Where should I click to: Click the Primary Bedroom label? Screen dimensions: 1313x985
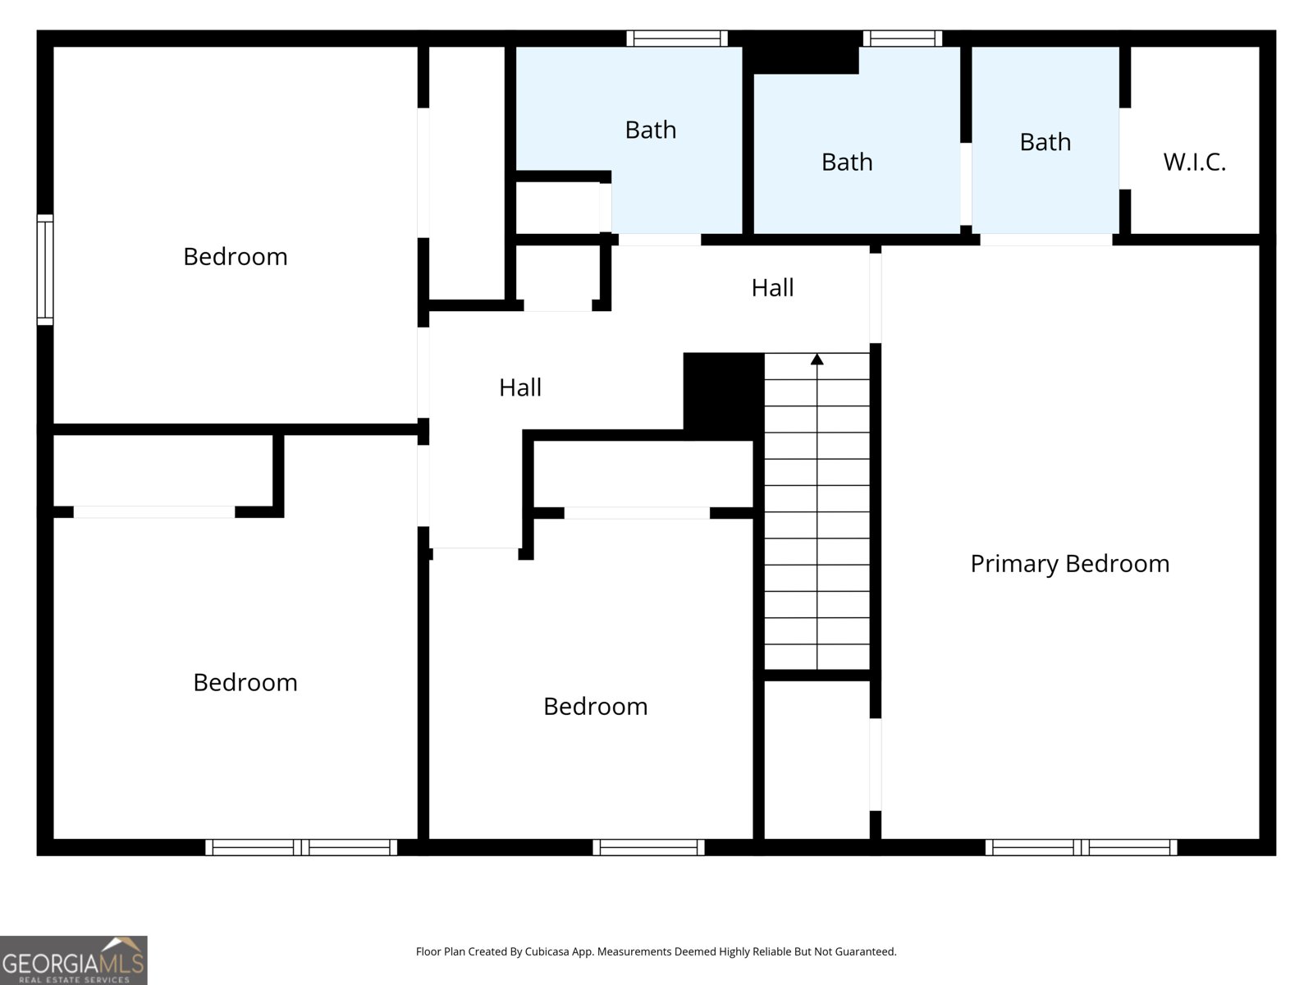click(1069, 564)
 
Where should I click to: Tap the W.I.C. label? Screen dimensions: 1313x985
click(1195, 162)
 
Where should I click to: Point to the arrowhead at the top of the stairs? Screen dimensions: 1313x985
click(817, 359)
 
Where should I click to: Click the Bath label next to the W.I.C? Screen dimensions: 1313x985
click(1045, 142)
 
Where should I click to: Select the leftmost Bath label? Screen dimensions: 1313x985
click(651, 130)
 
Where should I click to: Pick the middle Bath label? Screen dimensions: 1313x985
click(847, 162)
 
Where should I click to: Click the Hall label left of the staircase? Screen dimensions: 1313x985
click(520, 387)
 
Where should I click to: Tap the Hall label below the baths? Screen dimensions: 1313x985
click(773, 287)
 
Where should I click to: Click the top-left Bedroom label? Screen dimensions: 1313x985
click(235, 257)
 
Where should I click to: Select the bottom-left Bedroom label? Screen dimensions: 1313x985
click(245, 682)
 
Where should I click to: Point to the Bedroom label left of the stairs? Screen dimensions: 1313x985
click(595, 706)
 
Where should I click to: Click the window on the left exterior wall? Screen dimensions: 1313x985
click(45, 270)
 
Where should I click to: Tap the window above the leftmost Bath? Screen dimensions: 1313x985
click(677, 39)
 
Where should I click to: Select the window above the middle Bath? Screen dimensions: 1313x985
click(902, 39)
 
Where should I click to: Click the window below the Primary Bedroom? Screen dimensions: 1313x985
click(1081, 847)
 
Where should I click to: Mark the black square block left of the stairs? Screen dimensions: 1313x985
click(724, 396)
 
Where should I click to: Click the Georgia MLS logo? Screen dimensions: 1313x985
click(74, 960)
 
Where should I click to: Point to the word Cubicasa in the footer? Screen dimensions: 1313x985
click(547, 951)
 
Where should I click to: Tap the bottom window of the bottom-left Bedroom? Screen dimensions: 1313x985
click(301, 847)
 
